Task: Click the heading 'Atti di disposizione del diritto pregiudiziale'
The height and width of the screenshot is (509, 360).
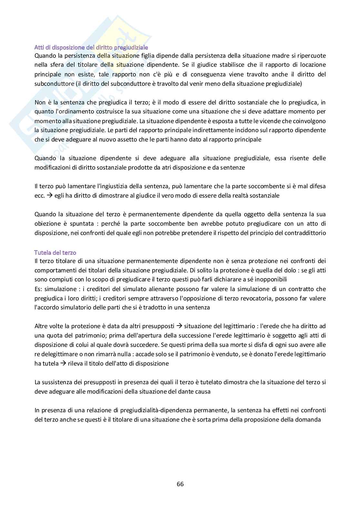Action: coord(91,48)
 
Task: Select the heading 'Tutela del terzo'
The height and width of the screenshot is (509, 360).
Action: coord(55,253)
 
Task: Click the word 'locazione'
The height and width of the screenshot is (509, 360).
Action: coord(313,65)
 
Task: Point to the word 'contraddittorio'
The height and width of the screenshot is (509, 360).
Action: coord(305,233)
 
